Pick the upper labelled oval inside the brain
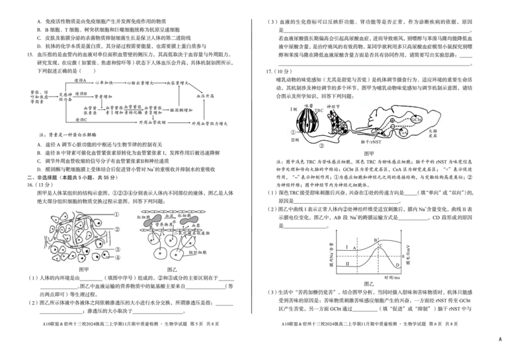click(417, 119)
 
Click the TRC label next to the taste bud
click(319, 109)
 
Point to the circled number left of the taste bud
click(293, 132)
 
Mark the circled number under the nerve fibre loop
click(323, 146)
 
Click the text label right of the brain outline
click(432, 134)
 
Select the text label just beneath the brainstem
click(370, 141)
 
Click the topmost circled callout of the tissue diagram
click(117, 214)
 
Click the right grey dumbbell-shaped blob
click(190, 219)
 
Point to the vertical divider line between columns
click(255, 165)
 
